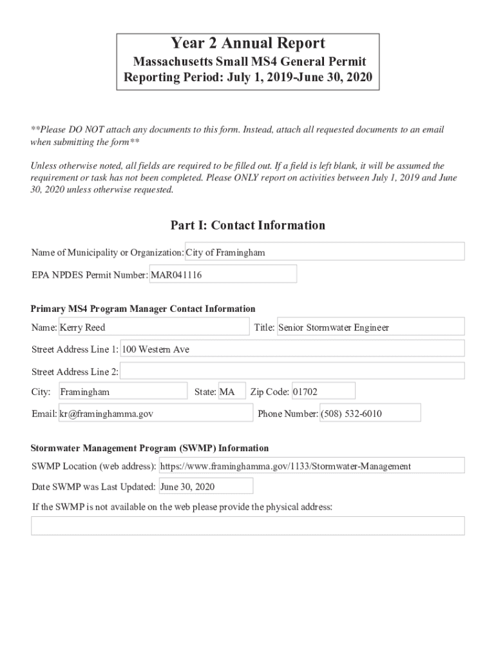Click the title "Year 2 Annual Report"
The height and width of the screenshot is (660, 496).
coord(248,44)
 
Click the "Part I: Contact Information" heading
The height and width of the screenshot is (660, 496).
coord(248,225)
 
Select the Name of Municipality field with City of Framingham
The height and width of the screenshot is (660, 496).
coord(325,252)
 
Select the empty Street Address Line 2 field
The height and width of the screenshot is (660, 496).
coord(292,371)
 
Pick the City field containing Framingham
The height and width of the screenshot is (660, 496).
coord(122,392)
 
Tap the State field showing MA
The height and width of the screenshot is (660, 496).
coord(231,392)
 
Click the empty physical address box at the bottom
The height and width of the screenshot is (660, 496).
coord(248,525)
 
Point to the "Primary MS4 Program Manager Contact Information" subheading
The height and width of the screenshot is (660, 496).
coord(143,309)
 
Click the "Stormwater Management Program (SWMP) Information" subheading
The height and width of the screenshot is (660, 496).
coord(150,448)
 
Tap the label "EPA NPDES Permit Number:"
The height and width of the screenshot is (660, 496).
coord(90,275)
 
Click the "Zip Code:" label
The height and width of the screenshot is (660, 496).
coord(269,392)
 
